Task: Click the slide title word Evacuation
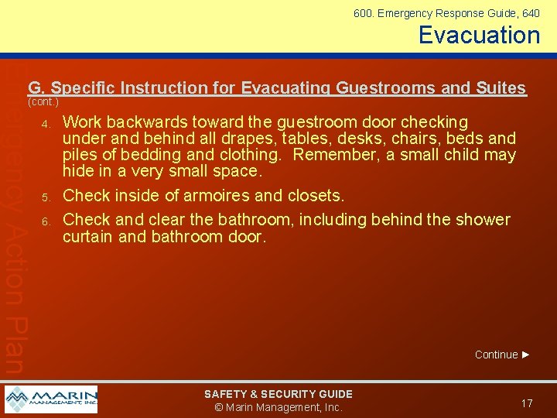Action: (x=479, y=35)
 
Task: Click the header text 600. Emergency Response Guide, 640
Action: (x=446, y=13)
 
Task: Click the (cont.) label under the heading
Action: (x=43, y=101)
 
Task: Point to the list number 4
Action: (x=46, y=124)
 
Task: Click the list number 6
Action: (x=46, y=221)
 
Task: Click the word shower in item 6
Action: (x=482, y=220)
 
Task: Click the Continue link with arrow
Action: (x=502, y=355)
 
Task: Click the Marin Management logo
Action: (x=51, y=399)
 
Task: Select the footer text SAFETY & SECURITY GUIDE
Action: (x=278, y=394)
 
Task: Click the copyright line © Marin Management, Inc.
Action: (x=278, y=407)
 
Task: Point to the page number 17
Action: (x=527, y=403)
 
